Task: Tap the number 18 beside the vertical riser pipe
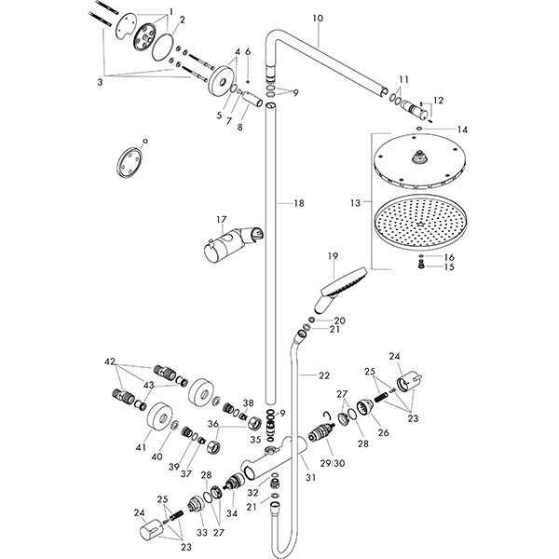click(298, 202)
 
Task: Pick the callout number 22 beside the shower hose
click(323, 375)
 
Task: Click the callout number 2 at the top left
click(182, 20)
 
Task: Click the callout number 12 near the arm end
click(440, 100)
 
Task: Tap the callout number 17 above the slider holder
click(222, 220)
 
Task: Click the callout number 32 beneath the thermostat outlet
click(252, 492)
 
